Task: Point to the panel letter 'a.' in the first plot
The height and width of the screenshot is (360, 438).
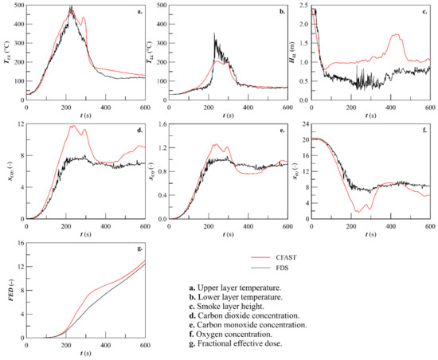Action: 139,12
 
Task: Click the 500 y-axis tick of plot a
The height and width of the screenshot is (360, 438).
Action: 18,6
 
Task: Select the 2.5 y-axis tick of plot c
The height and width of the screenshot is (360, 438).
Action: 303,6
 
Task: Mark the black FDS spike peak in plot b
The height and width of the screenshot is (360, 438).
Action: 214,34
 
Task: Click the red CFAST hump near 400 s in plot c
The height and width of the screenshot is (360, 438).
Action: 396,35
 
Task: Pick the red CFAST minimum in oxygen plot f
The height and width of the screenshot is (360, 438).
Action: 361,211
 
